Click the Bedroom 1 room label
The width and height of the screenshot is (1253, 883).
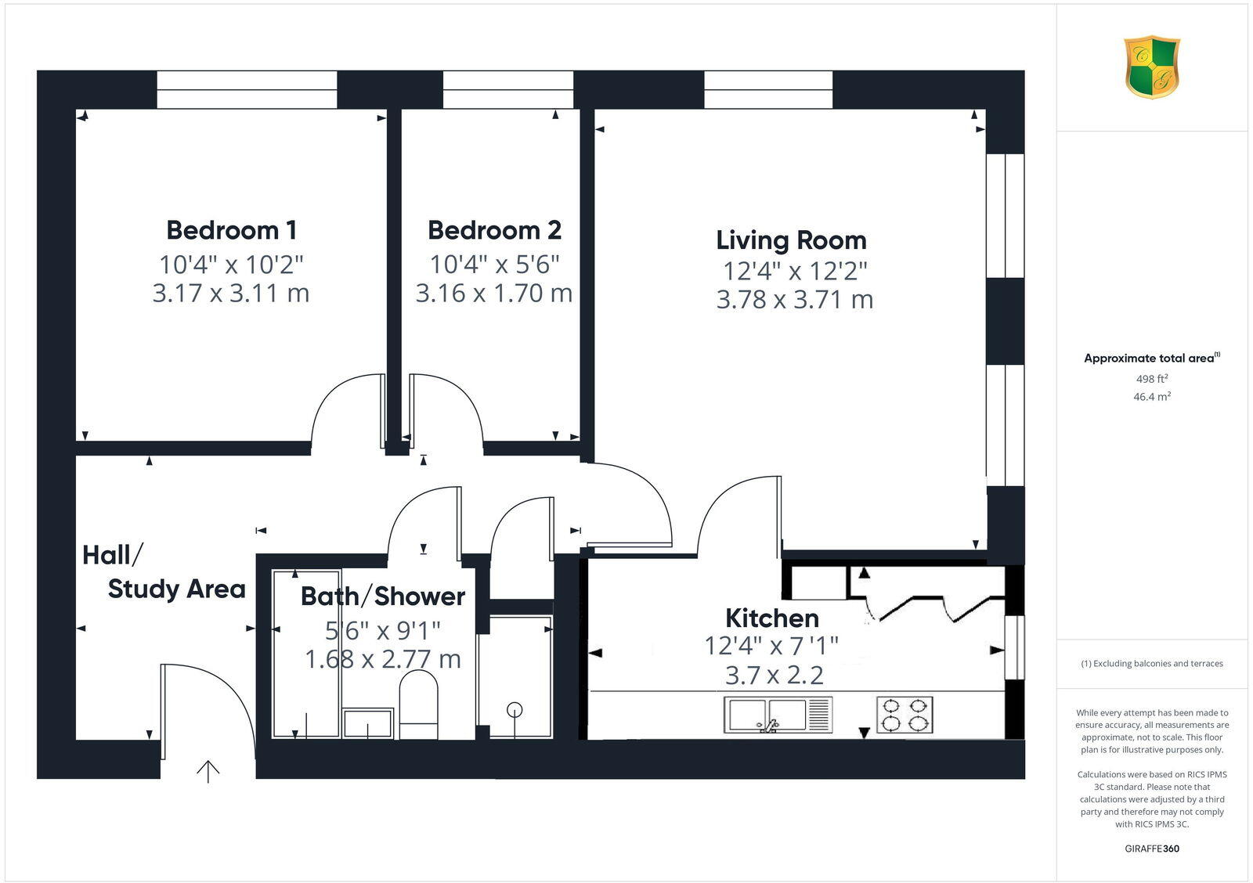(231, 230)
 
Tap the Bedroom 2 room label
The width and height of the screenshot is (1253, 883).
(494, 230)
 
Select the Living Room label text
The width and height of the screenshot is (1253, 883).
(791, 240)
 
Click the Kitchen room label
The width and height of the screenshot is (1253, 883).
(772, 618)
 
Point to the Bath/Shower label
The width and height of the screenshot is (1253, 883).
(383, 596)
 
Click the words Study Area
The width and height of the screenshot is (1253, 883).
(176, 589)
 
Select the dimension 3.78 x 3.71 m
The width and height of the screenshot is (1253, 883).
(794, 299)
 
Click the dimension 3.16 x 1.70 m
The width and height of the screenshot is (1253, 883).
(493, 293)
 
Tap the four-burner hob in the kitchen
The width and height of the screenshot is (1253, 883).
(905, 714)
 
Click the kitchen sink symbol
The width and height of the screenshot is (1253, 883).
(777, 715)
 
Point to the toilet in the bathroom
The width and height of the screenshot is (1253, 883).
(419, 705)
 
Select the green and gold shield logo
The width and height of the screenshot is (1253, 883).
(1152, 67)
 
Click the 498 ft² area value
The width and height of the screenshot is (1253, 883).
(1152, 379)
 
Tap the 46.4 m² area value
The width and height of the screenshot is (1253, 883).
(1152, 397)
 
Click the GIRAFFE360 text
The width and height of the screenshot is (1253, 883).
(1152, 849)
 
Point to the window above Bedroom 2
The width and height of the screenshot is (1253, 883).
(507, 89)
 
